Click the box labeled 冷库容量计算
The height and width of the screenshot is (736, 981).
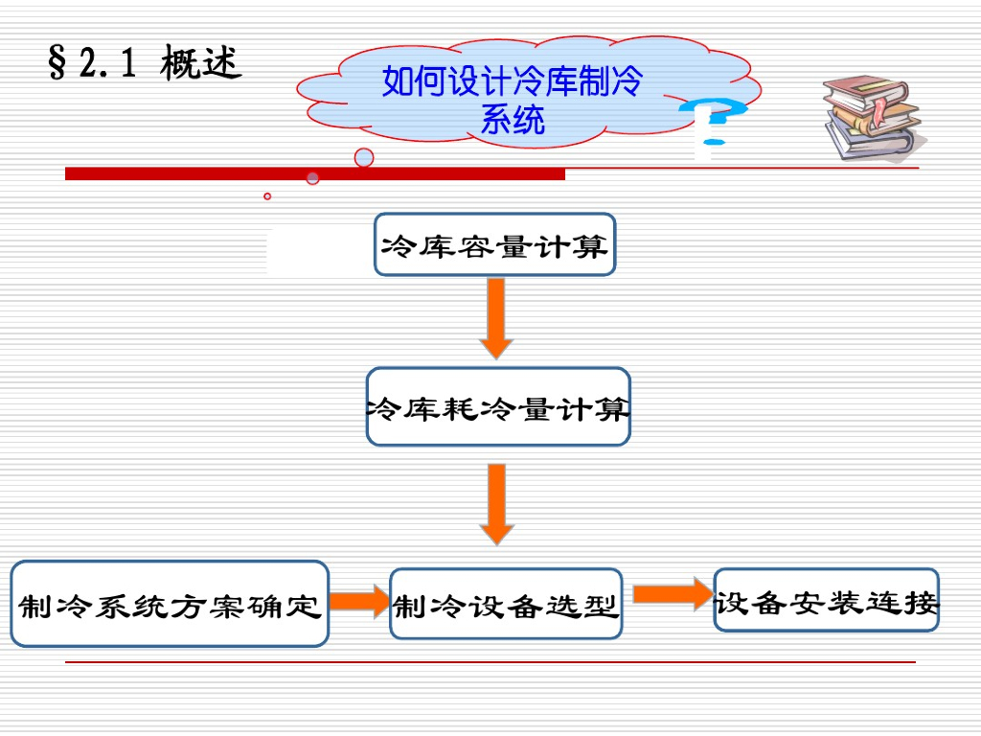click(x=494, y=245)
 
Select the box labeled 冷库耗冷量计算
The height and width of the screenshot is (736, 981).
click(x=498, y=407)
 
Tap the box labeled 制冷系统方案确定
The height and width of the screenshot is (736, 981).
click(x=170, y=605)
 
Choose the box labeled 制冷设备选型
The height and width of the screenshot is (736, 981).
click(x=506, y=605)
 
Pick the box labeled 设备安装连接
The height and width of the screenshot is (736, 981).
click(x=826, y=601)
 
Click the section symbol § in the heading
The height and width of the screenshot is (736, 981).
click(x=57, y=63)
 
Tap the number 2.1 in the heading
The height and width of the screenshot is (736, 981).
click(x=108, y=63)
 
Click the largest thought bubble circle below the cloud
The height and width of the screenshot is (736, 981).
click(x=364, y=157)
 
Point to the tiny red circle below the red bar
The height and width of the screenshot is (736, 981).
click(x=267, y=196)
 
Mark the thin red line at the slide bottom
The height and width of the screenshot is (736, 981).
click(x=490, y=662)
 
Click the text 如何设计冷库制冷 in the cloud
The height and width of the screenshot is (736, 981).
click(x=512, y=82)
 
